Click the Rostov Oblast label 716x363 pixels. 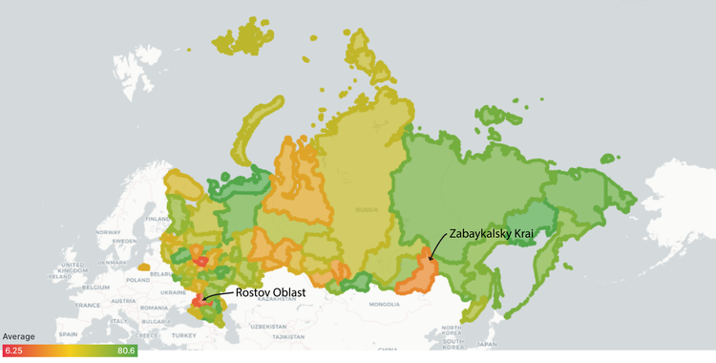pos(268,293)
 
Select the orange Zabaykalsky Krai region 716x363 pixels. pos(418,270)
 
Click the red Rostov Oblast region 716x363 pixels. pos(199,300)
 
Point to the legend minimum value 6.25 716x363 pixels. pos(13,351)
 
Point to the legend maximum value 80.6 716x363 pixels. pos(126,351)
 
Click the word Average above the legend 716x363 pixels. pos(20,337)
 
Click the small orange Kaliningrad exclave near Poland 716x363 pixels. pos(141,267)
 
